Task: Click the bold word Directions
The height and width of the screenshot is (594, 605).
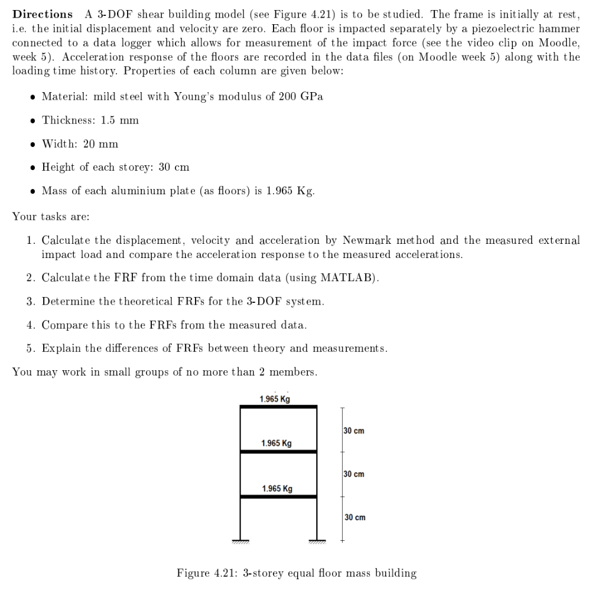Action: pos(43,14)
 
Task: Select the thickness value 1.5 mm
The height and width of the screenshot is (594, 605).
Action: pos(120,120)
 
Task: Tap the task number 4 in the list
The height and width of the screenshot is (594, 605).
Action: pos(30,325)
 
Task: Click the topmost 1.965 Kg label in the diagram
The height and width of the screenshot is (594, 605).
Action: pos(275,399)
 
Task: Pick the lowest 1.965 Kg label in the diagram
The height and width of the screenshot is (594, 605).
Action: pos(277,488)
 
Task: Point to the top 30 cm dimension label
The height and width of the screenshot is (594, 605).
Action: pos(354,430)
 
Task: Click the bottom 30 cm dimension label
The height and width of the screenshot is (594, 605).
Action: pos(354,517)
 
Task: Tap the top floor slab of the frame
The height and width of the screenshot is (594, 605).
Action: pos(278,407)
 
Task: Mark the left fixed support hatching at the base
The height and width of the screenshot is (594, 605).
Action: pos(240,541)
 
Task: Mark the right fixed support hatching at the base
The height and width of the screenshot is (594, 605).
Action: pos(317,541)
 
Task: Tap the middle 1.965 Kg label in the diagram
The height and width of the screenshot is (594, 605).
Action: pos(276,443)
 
